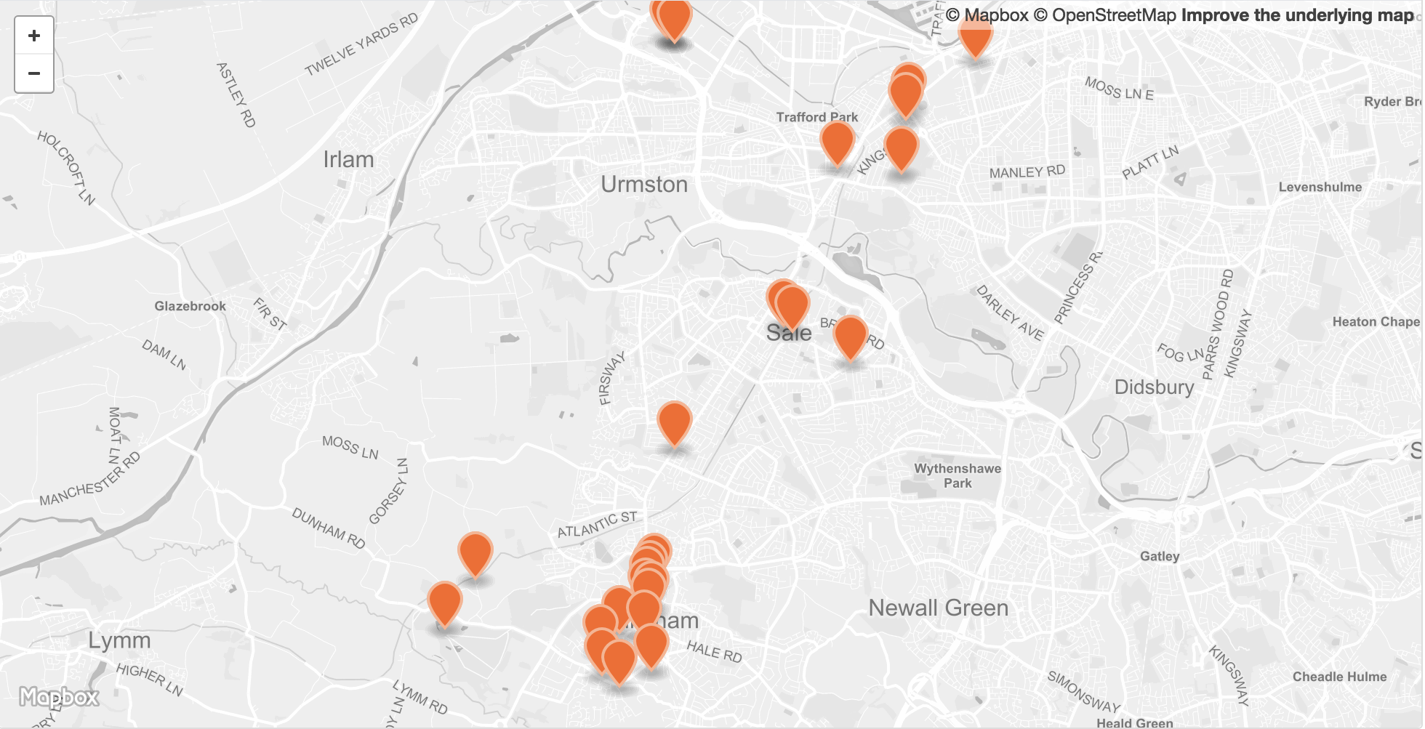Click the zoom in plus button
pos(34,36)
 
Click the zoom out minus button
pos(34,73)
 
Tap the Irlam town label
pos(348,160)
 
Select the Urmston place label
pos(644,185)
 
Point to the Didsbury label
pos(1154,387)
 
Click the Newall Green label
pos(938,608)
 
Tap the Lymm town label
pos(119,641)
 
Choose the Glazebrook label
pos(190,307)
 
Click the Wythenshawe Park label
pos(958,476)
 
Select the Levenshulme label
pos(1320,188)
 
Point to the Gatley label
pos(1159,557)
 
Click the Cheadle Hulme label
pos(1339,677)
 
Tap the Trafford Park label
pos(816,117)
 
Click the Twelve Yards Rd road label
pos(361,44)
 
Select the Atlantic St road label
pos(597,524)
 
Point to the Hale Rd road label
pos(714,652)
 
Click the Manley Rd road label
pos(1027,172)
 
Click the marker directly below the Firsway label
pos(674,422)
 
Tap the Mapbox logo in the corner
pos(59,698)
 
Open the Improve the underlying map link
pos(1297,15)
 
